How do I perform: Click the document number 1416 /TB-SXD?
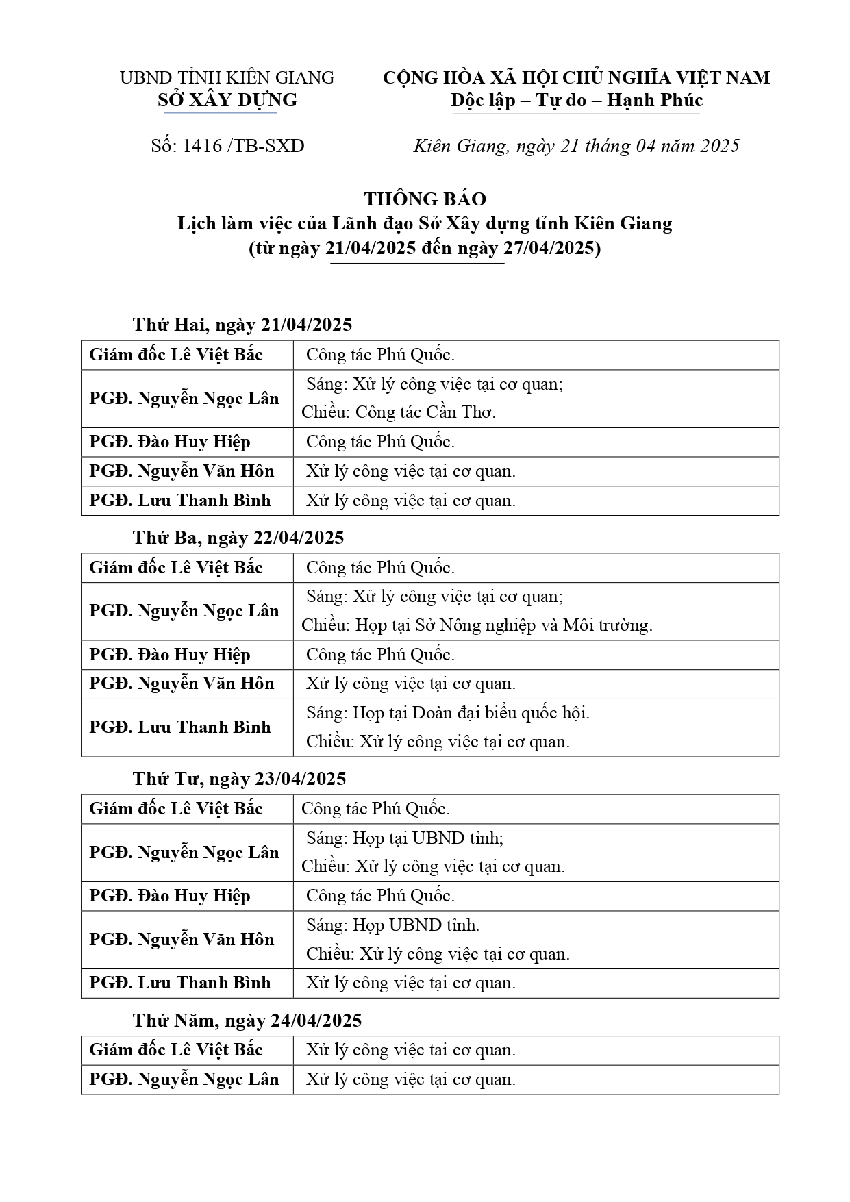pyautogui.click(x=227, y=146)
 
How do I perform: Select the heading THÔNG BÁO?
pyautogui.click(x=425, y=199)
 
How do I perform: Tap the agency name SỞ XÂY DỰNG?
pyautogui.click(x=227, y=101)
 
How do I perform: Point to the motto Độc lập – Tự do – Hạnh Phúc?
pyautogui.click(x=576, y=101)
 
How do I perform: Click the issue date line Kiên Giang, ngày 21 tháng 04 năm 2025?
pyautogui.click(x=576, y=146)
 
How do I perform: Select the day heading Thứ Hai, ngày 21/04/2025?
pyautogui.click(x=242, y=325)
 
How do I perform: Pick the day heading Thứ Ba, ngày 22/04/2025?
pyautogui.click(x=238, y=538)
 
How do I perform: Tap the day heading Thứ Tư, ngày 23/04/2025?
pyautogui.click(x=240, y=779)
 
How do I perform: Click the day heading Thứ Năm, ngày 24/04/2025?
pyautogui.click(x=247, y=1021)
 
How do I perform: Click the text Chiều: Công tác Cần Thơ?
pyautogui.click(x=399, y=412)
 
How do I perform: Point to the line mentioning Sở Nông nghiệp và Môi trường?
pyautogui.click(x=477, y=625)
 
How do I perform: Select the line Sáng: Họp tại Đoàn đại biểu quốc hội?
pyautogui.click(x=448, y=713)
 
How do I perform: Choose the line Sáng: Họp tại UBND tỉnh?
pyautogui.click(x=405, y=838)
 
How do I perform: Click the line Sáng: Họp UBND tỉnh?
pyautogui.click(x=392, y=925)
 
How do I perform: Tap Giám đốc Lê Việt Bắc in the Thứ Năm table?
pyautogui.click(x=176, y=1050)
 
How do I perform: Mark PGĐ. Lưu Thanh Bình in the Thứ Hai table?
pyautogui.click(x=180, y=501)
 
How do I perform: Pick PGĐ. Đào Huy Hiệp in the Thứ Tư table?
pyautogui.click(x=170, y=896)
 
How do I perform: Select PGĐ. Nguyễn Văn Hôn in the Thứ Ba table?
pyautogui.click(x=182, y=684)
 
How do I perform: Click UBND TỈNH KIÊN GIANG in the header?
pyautogui.click(x=227, y=78)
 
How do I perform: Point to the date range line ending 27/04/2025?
pyautogui.click(x=425, y=248)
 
